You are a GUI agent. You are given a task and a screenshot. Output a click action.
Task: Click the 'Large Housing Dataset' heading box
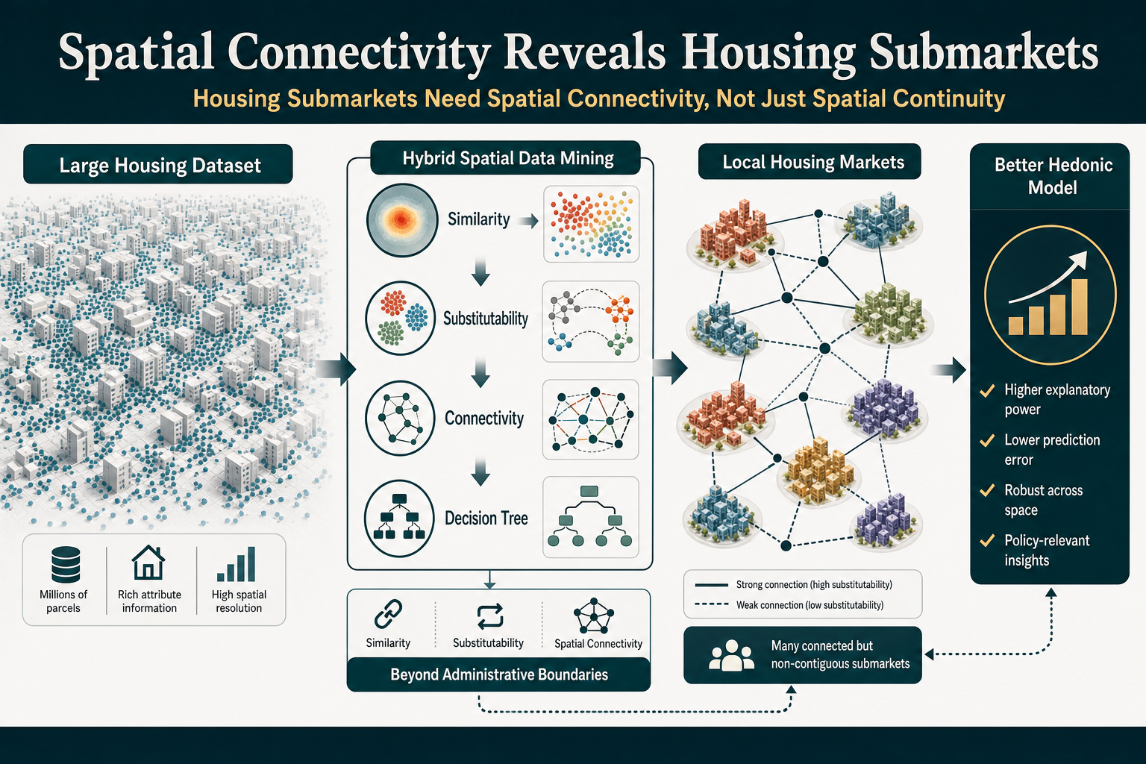(158, 164)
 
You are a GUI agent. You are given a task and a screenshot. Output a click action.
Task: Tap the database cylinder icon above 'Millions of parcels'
(66, 565)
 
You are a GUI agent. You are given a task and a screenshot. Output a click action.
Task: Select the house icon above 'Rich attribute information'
(148, 563)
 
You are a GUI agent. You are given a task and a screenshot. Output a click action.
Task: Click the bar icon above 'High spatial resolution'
(237, 564)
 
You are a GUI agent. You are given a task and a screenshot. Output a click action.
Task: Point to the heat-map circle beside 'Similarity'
(402, 220)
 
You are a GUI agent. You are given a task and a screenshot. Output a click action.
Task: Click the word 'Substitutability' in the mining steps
(486, 319)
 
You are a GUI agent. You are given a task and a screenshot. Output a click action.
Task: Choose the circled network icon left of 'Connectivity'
(400, 418)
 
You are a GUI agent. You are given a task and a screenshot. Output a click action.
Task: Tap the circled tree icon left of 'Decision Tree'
(399, 519)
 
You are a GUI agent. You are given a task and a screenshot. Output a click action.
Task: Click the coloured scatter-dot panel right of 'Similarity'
(591, 224)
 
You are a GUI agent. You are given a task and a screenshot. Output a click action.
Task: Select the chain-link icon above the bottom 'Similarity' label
(388, 613)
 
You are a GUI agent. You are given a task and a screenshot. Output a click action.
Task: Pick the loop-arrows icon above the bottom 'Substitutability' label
(489, 616)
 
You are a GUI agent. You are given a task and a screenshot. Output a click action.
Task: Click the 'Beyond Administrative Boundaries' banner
(499, 674)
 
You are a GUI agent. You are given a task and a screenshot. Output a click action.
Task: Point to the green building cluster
(892, 313)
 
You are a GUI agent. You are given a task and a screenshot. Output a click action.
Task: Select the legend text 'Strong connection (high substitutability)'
(814, 584)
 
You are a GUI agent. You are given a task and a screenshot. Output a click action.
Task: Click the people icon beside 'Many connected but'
(731, 656)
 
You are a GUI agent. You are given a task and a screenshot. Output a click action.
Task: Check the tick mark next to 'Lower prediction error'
(987, 441)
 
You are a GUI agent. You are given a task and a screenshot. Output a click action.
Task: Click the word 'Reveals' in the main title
(584, 51)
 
